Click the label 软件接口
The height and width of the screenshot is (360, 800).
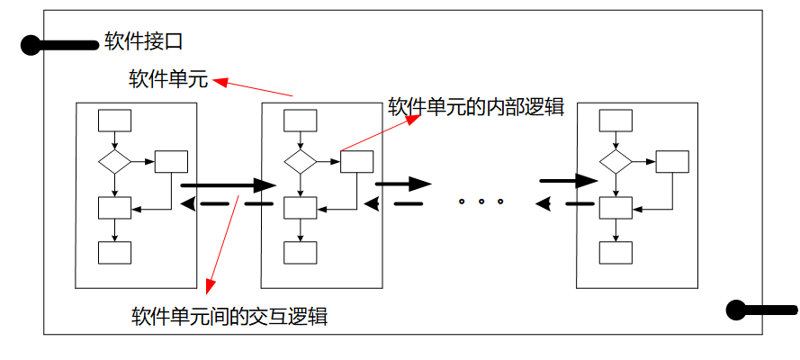coord(144,42)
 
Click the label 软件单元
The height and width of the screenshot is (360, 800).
coord(169,81)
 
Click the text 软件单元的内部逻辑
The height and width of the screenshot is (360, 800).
coord(475,107)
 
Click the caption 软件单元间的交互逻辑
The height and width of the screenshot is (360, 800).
coord(229,317)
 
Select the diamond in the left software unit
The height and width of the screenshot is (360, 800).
coord(114,162)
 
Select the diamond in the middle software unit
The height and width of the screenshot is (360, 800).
coord(301,162)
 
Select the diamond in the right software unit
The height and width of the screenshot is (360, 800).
coord(616,162)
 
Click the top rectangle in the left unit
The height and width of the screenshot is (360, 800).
coord(114,120)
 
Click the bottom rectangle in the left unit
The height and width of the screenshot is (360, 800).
coord(114,253)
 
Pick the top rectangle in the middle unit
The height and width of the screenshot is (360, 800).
coord(300,120)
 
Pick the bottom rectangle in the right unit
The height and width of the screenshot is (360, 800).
coord(616,253)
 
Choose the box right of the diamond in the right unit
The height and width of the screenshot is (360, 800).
coord(671,162)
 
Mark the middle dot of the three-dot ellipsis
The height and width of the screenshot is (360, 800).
coord(481,202)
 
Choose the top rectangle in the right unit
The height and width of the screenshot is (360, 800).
coord(616,120)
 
